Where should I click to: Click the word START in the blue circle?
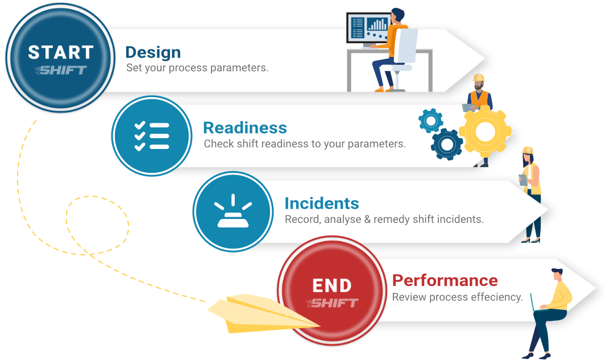coord(60,52)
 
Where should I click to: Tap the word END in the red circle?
coord(332,285)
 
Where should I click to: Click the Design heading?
coord(153,52)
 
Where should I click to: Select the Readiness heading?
coord(244,127)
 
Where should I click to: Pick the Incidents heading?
coord(321,203)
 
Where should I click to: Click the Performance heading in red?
coord(445,280)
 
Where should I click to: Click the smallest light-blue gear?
coord(430,121)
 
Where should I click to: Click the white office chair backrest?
coord(405,45)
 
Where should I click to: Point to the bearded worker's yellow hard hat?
coord(479,78)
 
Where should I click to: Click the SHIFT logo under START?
coord(61,70)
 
